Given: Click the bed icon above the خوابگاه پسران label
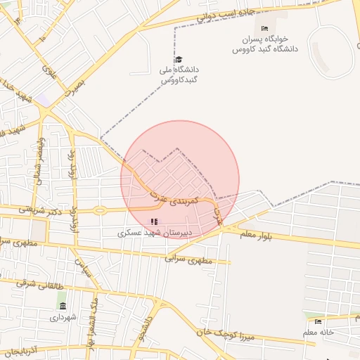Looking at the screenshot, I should tap(264, 28).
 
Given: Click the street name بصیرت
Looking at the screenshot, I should tap(74, 84).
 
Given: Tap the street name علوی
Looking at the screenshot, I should tap(48, 71).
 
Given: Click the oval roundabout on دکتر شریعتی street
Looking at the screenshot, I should tap(101, 210).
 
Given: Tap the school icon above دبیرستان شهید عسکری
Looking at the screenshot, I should tap(155, 221).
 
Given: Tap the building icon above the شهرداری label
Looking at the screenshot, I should tap(63, 307).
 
